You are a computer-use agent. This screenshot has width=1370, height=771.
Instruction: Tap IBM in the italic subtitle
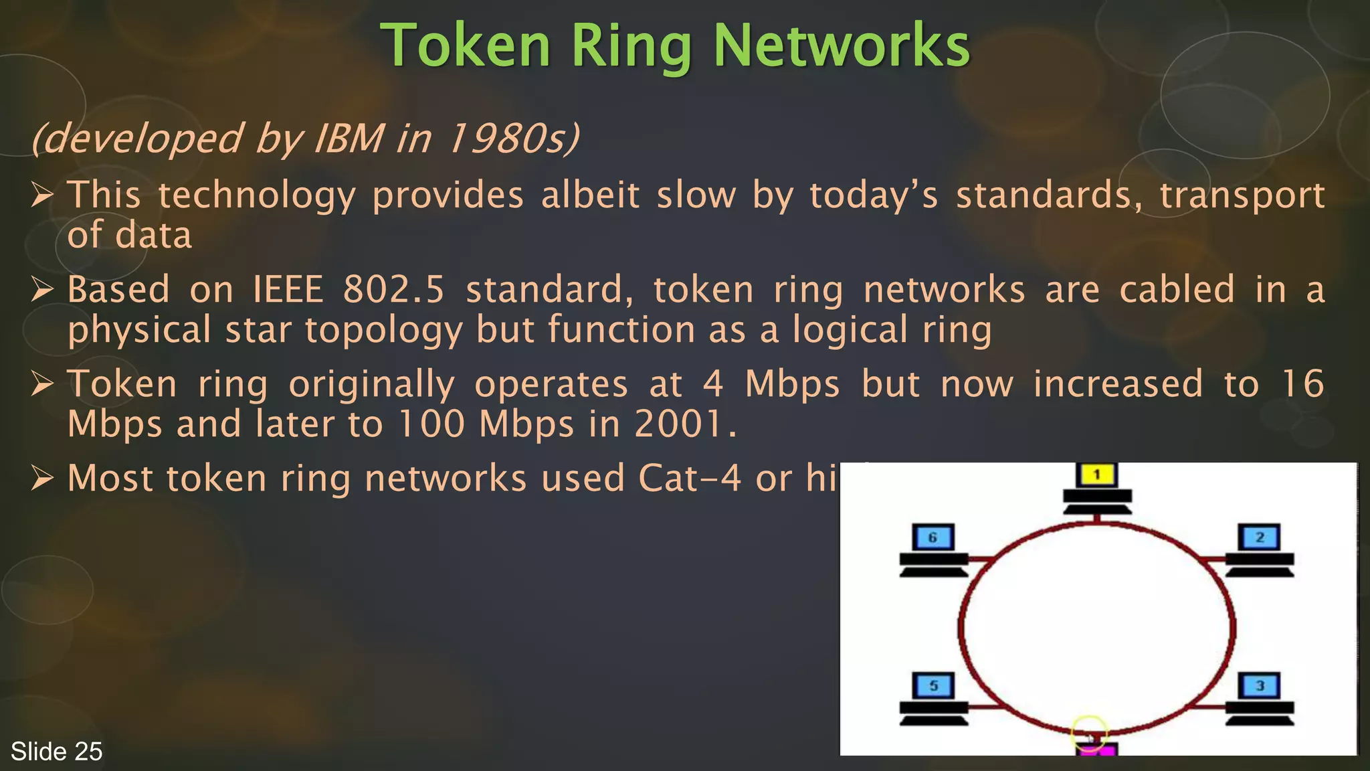(x=349, y=139)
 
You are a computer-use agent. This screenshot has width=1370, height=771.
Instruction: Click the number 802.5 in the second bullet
(x=393, y=290)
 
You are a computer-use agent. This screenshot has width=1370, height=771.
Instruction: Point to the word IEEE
(x=288, y=290)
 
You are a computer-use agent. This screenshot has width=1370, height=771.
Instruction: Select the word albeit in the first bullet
(x=590, y=195)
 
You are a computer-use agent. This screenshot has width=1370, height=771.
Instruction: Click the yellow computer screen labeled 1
(x=1097, y=475)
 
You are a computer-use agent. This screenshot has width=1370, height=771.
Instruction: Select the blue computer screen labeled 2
(x=1260, y=537)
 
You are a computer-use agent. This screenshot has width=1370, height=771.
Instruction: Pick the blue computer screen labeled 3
(x=1260, y=686)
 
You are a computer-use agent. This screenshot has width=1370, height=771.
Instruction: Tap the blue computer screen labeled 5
(x=934, y=686)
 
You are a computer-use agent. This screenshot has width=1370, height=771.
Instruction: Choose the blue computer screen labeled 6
(x=933, y=537)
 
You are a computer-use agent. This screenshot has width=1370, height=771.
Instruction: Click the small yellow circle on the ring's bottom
(x=1089, y=732)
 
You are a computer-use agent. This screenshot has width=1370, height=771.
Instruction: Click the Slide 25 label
(x=57, y=752)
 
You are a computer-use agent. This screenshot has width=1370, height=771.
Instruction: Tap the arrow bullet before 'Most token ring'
(x=42, y=479)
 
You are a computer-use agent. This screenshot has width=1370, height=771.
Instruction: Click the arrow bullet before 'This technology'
(x=42, y=195)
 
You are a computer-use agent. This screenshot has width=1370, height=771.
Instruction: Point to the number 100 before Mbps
(x=431, y=424)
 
